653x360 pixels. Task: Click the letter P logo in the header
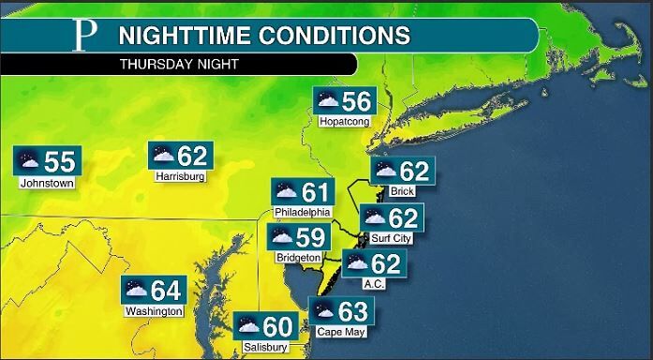point(85,37)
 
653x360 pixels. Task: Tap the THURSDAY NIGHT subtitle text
point(178,65)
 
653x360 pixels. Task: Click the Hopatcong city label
point(344,122)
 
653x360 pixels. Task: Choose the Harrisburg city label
point(181,175)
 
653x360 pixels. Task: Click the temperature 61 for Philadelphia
point(316,192)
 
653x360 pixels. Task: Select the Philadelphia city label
point(303,212)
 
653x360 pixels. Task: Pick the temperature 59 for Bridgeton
point(311,236)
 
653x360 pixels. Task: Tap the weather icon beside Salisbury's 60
point(248,327)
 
